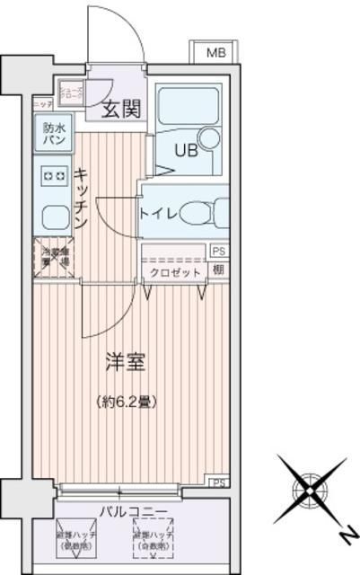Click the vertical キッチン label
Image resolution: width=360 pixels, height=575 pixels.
point(81,198)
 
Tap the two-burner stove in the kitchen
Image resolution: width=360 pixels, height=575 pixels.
point(52,176)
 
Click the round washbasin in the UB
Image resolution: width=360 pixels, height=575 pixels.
point(208,138)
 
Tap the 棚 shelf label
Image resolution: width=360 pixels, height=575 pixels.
point(218,270)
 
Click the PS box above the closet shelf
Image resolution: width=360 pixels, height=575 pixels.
point(218,252)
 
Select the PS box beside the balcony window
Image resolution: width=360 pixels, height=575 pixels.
point(218,482)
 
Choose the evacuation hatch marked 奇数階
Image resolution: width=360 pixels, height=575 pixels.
point(150,539)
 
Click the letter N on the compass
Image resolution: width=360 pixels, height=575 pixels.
point(343,535)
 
